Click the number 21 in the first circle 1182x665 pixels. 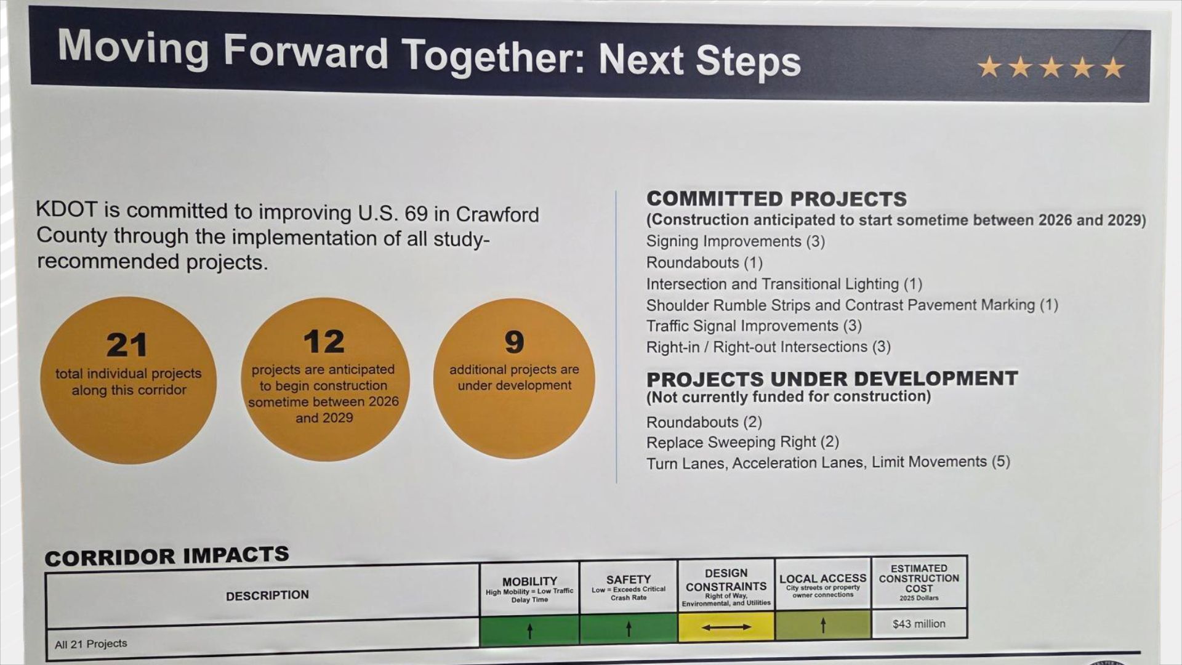127,345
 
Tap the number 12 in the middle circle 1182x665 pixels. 324,342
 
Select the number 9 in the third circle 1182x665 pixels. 514,342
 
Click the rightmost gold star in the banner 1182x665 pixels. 1113,68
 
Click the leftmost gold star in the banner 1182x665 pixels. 989,66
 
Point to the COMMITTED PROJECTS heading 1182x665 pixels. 776,199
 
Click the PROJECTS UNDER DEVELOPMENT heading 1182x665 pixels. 832,378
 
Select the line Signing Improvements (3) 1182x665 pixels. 735,241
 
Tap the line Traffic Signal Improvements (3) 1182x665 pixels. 754,326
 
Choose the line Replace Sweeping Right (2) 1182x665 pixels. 742,442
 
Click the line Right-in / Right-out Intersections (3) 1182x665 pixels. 768,347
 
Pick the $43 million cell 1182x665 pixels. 919,624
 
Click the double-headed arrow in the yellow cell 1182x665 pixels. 726,627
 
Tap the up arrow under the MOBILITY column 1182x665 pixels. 529,630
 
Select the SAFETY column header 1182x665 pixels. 628,580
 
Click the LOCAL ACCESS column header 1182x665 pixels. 822,579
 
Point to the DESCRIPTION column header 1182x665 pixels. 267,595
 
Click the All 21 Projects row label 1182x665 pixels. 91,644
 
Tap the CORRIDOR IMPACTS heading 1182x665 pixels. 166,556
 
